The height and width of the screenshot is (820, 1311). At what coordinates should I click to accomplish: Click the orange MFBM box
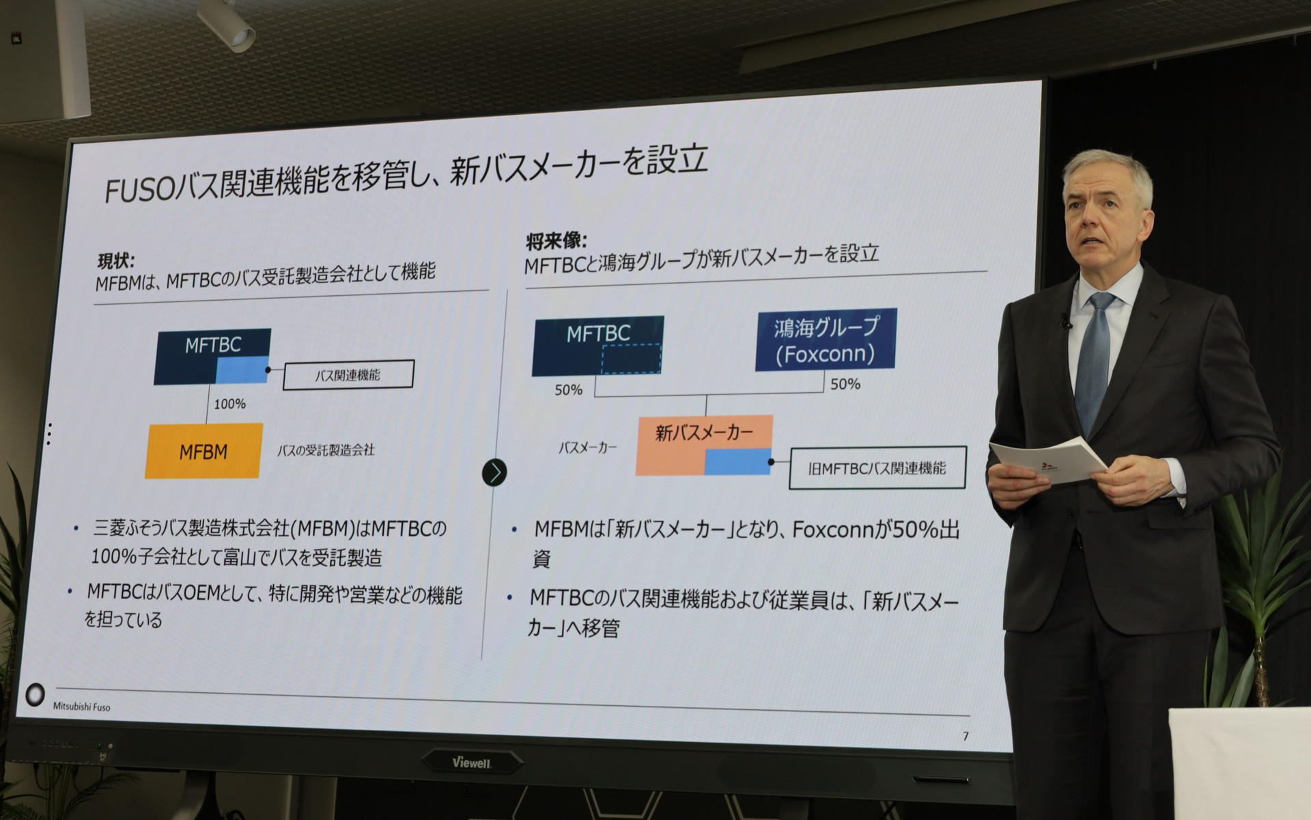pyautogui.click(x=203, y=451)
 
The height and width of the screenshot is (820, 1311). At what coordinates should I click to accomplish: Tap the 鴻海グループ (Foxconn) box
pyautogui.click(x=826, y=340)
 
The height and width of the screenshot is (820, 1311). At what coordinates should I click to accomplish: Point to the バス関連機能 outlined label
pyautogui.click(x=348, y=374)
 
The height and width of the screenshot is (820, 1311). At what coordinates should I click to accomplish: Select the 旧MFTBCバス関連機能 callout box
pyautogui.click(x=877, y=468)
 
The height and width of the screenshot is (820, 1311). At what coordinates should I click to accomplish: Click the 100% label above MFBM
pyautogui.click(x=229, y=404)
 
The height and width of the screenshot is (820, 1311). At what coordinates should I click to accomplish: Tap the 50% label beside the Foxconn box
pyautogui.click(x=845, y=384)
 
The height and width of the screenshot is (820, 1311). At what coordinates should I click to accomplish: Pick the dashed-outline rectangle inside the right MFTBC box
pyautogui.click(x=631, y=359)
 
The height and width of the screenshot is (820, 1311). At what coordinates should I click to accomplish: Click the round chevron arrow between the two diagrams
pyautogui.click(x=494, y=472)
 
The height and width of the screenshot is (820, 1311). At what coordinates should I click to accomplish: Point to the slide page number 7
pyautogui.click(x=965, y=736)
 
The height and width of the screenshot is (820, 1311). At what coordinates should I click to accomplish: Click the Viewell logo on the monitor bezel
pyautogui.click(x=472, y=763)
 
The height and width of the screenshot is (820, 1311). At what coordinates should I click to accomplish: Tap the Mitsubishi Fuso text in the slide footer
pyautogui.click(x=81, y=707)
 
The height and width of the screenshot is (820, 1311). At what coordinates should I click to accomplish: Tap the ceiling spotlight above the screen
pyautogui.click(x=229, y=25)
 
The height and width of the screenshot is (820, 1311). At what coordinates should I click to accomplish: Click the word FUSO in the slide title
pyautogui.click(x=139, y=191)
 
